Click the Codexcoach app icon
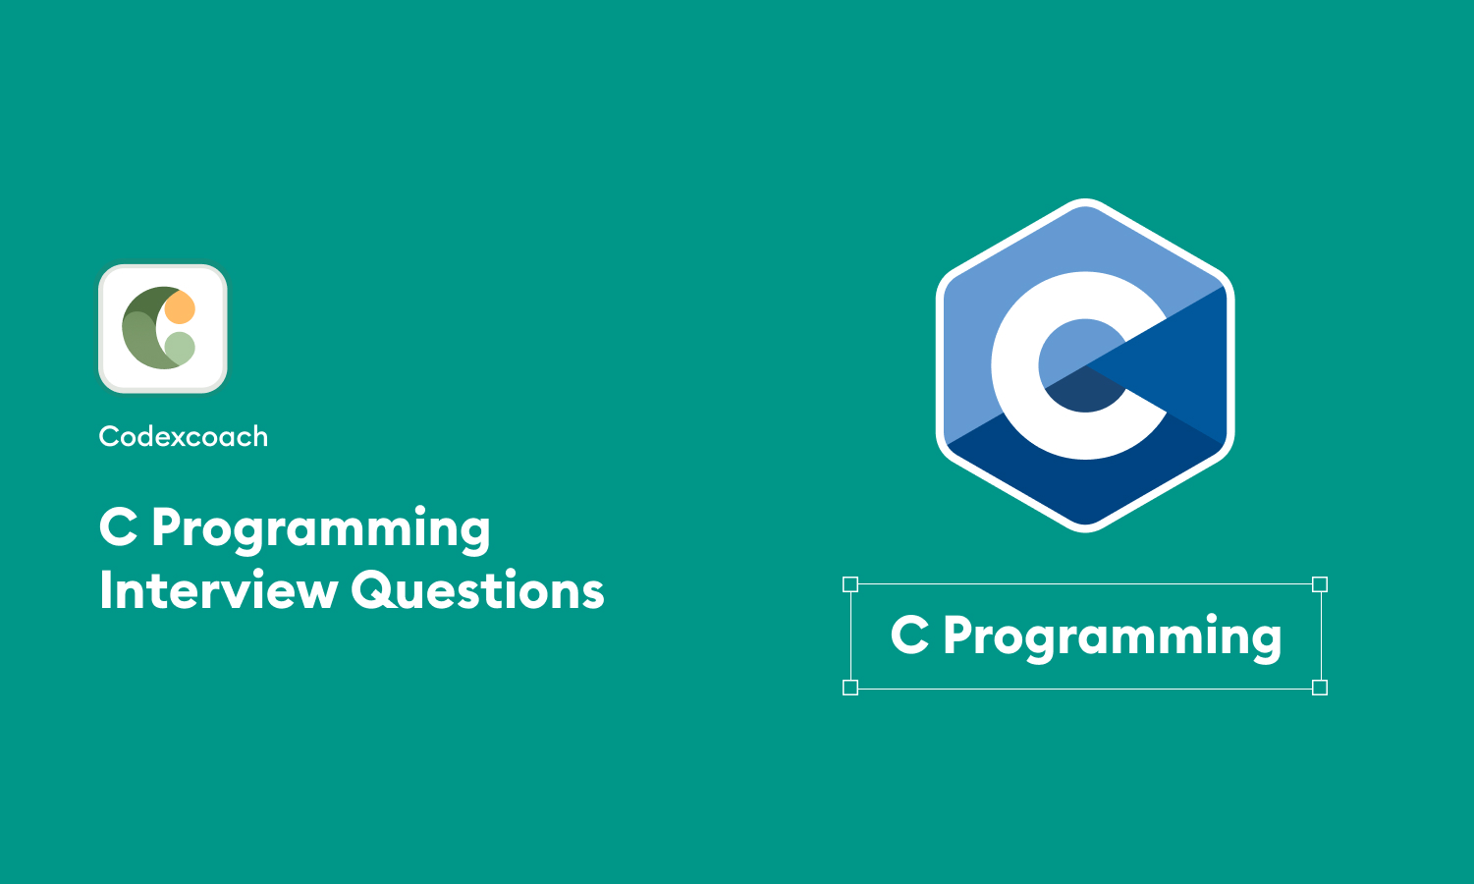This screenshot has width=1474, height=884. [x=163, y=328]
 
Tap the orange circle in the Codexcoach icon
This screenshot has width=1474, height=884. [x=180, y=308]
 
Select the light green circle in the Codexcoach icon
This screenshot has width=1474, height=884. [x=180, y=347]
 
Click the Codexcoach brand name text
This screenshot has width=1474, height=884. [x=183, y=436]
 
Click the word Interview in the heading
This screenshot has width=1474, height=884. [x=217, y=591]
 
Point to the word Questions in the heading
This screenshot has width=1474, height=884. [x=477, y=591]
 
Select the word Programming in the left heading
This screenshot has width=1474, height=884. [x=320, y=529]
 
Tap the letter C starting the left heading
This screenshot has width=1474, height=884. [x=118, y=527]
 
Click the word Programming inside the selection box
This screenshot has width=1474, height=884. [x=1112, y=637]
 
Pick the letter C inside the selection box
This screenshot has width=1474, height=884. [x=909, y=635]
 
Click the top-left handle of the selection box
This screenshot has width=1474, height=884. [x=850, y=584]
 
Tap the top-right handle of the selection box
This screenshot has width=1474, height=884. [x=1320, y=584]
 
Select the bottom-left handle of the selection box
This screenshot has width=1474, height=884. [x=850, y=688]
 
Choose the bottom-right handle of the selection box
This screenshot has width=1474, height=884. [x=1320, y=688]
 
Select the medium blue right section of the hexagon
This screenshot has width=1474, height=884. [x=1193, y=363]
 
